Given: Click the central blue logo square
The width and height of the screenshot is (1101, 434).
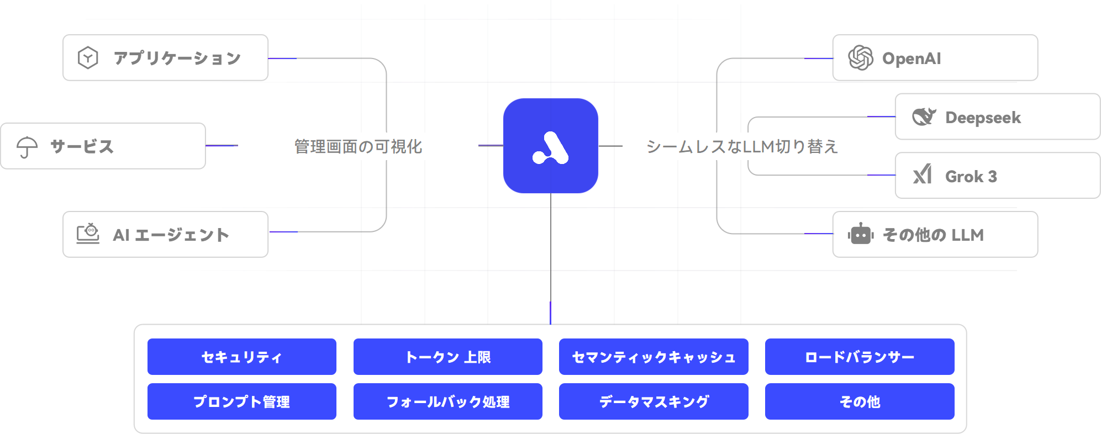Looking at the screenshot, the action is pyautogui.click(x=551, y=146).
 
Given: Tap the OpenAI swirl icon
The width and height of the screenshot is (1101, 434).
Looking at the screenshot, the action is pyautogui.click(x=861, y=58).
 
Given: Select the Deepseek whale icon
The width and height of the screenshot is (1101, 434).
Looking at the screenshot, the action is pyautogui.click(x=924, y=117).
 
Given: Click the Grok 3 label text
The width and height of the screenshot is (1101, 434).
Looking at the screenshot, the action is pyautogui.click(x=971, y=176).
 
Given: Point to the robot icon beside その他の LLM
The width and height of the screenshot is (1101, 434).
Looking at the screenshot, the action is pyautogui.click(x=861, y=234).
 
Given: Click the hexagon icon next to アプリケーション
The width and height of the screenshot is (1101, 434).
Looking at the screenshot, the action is pyautogui.click(x=88, y=57).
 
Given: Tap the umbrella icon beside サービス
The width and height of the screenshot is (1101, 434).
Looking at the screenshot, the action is pyautogui.click(x=27, y=147).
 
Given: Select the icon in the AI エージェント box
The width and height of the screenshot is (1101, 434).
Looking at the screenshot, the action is pyautogui.click(x=88, y=234).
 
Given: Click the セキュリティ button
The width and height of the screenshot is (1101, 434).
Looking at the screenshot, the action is pyautogui.click(x=242, y=357).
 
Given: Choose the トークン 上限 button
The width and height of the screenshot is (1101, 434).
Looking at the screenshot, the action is pyautogui.click(x=448, y=357).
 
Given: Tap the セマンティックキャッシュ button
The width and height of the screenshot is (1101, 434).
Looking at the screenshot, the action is pyautogui.click(x=654, y=357).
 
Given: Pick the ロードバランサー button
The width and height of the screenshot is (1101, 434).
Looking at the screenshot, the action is pyautogui.click(x=860, y=357).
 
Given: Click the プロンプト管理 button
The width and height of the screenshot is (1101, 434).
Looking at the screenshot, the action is pyautogui.click(x=242, y=401).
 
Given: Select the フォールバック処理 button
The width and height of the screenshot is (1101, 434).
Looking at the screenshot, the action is pyautogui.click(x=448, y=401).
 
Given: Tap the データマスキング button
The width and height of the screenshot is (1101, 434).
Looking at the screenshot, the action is pyautogui.click(x=654, y=401).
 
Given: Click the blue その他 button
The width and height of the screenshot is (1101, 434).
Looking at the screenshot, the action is pyautogui.click(x=860, y=401).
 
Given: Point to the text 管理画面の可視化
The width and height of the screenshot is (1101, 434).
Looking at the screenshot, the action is pyautogui.click(x=358, y=146).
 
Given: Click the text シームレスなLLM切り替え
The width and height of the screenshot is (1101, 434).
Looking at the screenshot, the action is pyautogui.click(x=742, y=146).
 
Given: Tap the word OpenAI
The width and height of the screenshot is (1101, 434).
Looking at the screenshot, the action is pyautogui.click(x=912, y=59).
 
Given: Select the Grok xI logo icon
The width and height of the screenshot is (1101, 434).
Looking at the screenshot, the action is pyautogui.click(x=923, y=174).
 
